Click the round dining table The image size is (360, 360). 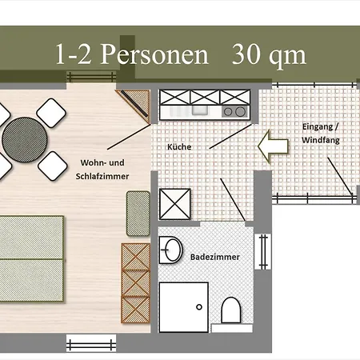[25, 140]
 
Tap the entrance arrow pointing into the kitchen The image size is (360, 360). [273, 146]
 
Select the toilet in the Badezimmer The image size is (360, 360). [231, 310]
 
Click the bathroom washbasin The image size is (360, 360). [171, 250]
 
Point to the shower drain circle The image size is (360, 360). [199, 307]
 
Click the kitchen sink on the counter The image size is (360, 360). [200, 110]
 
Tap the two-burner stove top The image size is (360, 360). [234, 112]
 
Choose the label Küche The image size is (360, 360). [179, 146]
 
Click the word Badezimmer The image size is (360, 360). [215, 257]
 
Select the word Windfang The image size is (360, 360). [321, 140]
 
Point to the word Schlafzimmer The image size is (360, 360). [102, 176]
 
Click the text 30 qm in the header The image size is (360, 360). [269, 54]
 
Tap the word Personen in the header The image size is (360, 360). [154, 54]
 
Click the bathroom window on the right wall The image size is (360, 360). [263, 252]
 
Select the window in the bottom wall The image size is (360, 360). [91, 343]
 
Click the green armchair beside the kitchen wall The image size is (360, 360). [138, 214]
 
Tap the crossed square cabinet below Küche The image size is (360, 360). [175, 204]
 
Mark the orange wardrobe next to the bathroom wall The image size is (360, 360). [136, 283]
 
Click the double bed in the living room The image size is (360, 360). [31, 258]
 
